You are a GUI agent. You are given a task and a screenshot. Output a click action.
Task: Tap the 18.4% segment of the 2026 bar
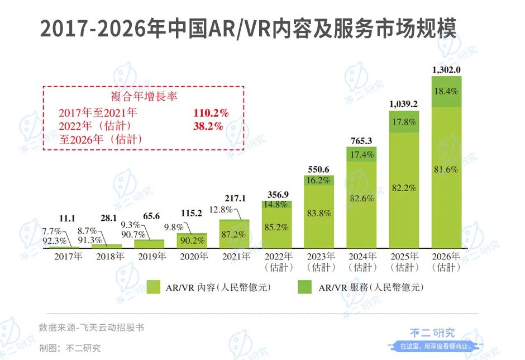click(446, 91)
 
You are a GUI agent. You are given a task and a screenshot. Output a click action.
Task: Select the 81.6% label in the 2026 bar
click(446, 169)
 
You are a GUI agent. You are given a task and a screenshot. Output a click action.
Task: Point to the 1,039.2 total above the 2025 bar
click(404, 104)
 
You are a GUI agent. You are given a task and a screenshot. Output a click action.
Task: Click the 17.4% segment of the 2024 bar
click(361, 154)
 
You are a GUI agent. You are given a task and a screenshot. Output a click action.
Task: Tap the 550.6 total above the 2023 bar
click(319, 169)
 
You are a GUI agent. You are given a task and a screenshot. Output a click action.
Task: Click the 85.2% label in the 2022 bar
click(276, 227)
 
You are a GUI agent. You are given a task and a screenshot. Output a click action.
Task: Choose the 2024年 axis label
click(362, 257)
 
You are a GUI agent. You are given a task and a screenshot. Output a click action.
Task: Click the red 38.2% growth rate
click(208, 126)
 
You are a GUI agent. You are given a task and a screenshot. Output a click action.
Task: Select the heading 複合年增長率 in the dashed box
click(144, 97)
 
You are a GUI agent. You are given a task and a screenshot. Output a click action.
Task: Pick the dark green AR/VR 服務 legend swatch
click(304, 287)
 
